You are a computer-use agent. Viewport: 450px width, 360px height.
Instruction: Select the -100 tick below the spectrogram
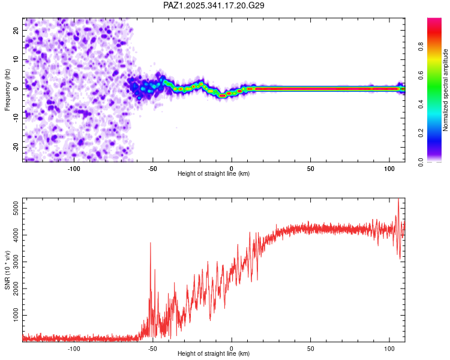click(74, 169)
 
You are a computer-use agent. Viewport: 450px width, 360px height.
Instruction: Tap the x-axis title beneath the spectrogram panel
click(214, 174)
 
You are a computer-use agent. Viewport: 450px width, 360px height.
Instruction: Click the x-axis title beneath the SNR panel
click(214, 354)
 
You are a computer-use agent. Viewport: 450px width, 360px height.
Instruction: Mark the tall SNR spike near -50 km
click(150, 243)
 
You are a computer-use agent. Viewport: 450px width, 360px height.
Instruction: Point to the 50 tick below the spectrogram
click(311, 169)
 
